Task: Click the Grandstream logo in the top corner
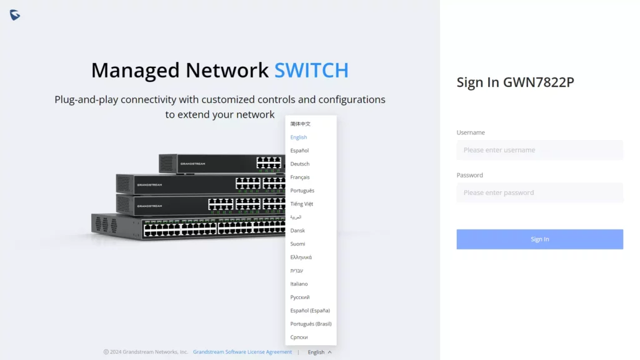point(15,15)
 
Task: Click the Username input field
point(539,150)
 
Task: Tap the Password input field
point(539,192)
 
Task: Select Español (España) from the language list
point(310,311)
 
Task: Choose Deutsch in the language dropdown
point(299,164)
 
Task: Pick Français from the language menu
point(299,177)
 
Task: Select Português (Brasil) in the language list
point(311,324)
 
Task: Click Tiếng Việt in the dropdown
point(302,204)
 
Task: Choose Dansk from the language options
point(297,231)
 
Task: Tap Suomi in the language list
point(297,244)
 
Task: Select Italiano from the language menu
point(299,284)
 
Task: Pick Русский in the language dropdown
point(299,297)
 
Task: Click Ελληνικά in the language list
point(301,257)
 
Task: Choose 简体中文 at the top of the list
point(300,124)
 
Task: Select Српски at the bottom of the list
point(299,337)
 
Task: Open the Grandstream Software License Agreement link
point(242,352)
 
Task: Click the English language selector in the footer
point(319,352)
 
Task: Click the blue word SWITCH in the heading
point(311,70)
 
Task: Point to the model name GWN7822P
point(538,82)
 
